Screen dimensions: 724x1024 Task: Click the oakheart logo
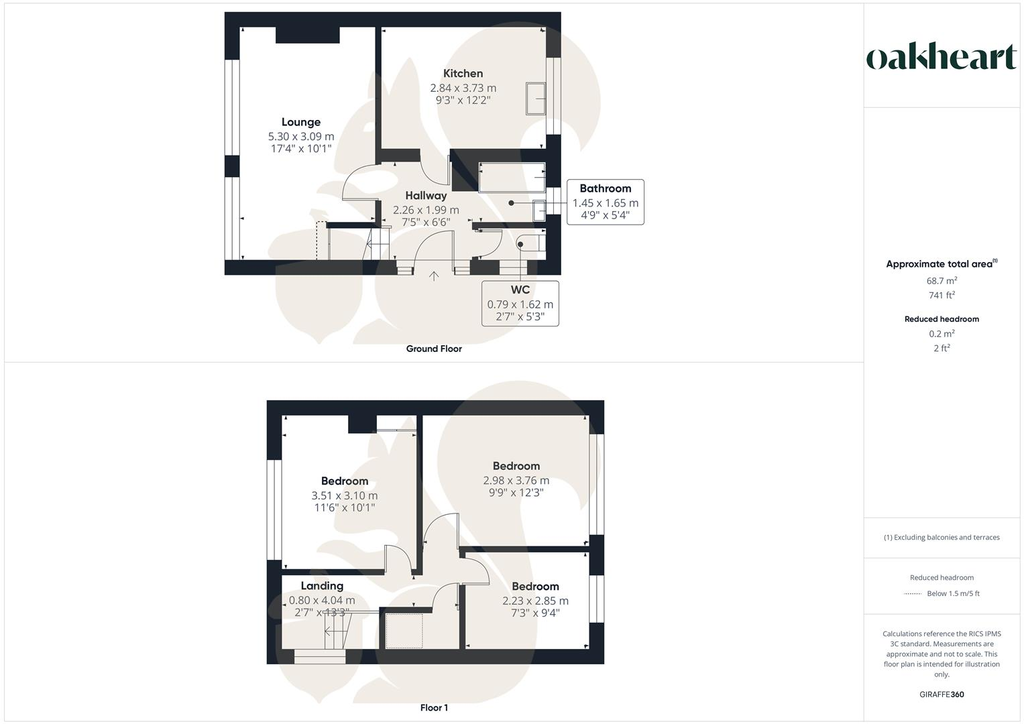point(942,57)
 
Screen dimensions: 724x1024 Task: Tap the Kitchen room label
point(463,74)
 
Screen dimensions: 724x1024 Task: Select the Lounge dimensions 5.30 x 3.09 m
point(301,136)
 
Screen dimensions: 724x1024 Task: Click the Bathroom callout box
point(605,202)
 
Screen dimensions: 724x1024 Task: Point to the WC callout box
point(520,304)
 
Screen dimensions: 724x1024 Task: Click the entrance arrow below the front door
point(434,276)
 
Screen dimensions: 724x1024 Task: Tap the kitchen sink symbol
point(536,99)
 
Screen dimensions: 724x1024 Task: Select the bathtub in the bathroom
point(512,178)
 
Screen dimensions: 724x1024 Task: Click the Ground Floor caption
point(434,349)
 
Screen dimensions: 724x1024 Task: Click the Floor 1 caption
point(434,708)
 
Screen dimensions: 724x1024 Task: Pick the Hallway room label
point(426,196)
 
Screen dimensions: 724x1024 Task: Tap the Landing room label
point(322,586)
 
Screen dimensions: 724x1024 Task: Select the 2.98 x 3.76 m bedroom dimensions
point(516,481)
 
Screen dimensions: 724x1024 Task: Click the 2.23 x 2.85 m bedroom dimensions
point(535,601)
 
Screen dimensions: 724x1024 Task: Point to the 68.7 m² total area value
point(942,281)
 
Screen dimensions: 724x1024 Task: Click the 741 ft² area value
point(942,295)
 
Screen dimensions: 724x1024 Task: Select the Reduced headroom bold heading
point(942,319)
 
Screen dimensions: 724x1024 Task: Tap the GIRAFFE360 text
point(942,695)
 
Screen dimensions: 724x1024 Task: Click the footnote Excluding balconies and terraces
point(942,538)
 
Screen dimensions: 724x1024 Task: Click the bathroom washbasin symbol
point(539,210)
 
